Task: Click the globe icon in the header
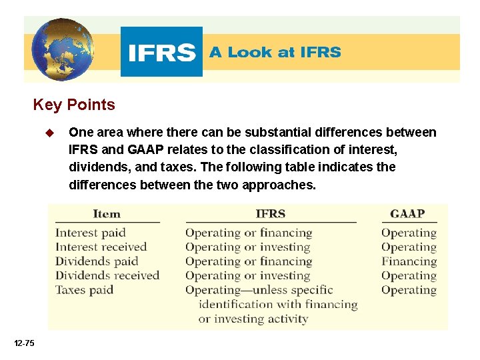click(61, 49)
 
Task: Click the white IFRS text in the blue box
click(161, 52)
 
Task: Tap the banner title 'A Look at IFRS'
click(275, 52)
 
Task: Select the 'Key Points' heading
click(74, 105)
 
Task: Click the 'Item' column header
click(107, 214)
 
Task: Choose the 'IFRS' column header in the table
click(270, 214)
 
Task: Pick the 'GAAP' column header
click(407, 214)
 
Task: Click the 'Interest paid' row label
click(90, 233)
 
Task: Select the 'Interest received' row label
click(101, 247)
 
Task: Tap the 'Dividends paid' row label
click(96, 261)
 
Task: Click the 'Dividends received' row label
click(107, 275)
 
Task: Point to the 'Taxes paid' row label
click(84, 290)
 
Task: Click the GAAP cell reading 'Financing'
click(409, 261)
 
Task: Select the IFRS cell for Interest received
click(247, 247)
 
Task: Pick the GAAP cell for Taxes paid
click(409, 290)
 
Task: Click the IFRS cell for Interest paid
click(249, 233)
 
